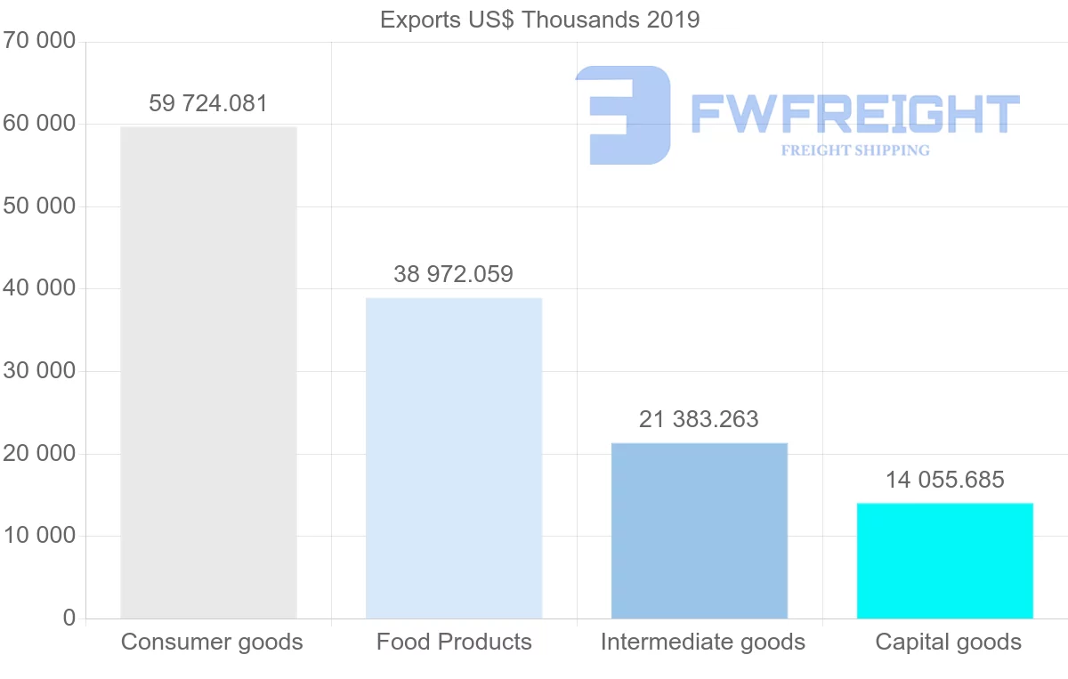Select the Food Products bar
454,457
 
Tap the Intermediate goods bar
700,530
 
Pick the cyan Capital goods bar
945,561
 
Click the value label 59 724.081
208,103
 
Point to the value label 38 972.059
454,274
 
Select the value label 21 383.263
700,419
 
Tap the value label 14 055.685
945,481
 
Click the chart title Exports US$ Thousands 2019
540,19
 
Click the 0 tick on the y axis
69,618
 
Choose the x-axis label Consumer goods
212,642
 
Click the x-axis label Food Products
454,642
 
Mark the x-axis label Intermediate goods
702,642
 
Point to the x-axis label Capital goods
948,642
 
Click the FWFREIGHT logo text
854,114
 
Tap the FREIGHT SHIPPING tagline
855,150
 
